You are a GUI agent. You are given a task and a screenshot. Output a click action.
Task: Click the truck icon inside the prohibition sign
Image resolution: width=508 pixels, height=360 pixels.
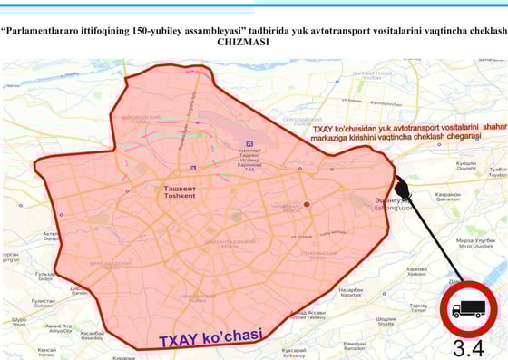click(x=470, y=310)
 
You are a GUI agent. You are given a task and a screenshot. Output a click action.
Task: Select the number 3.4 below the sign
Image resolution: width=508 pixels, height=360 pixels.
click(x=469, y=348)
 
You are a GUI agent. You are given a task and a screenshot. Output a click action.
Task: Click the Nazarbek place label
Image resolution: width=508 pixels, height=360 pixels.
click(x=352, y=293)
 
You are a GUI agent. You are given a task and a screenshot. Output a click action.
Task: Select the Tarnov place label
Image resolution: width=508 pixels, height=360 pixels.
click(x=418, y=308)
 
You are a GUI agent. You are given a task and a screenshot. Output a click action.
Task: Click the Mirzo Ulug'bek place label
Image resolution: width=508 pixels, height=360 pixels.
click(x=474, y=244)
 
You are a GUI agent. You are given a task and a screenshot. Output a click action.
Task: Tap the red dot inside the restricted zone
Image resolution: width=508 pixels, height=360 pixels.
click(x=307, y=204)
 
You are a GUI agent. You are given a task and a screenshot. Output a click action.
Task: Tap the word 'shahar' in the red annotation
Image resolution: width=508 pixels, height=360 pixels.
click(x=495, y=128)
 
